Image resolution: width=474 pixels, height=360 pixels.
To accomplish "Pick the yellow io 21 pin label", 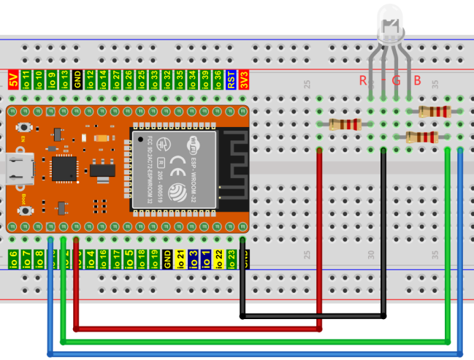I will pyautogui.click(x=180, y=258).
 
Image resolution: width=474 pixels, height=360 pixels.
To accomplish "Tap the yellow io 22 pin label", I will pyautogui.click(x=218, y=258).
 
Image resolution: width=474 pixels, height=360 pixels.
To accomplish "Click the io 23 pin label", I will pyautogui.click(x=231, y=258).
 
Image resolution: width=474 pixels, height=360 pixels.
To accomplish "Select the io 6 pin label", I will pyautogui.click(x=12, y=258).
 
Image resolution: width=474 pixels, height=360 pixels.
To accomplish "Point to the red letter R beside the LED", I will pyautogui.click(x=363, y=80).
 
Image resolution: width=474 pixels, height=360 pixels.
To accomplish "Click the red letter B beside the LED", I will pyautogui.click(x=417, y=80).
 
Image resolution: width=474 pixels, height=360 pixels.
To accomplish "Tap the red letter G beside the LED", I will pyautogui.click(x=396, y=80).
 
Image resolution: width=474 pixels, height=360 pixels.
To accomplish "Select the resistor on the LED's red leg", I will pyautogui.click(x=344, y=124).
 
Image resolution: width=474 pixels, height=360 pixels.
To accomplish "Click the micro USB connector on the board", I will pyautogui.click(x=16, y=169).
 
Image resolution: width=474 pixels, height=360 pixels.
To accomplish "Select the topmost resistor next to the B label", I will pyautogui.click(x=435, y=112).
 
